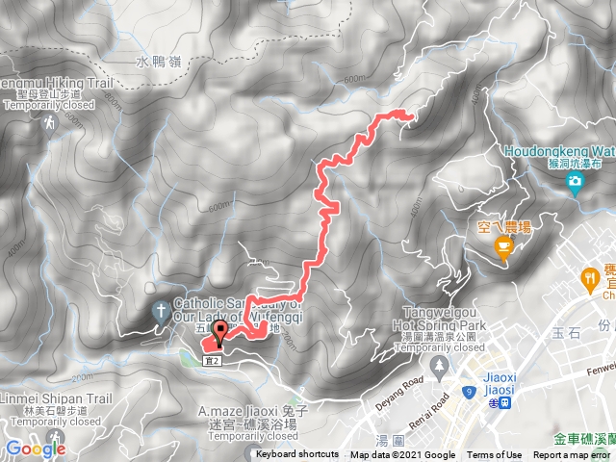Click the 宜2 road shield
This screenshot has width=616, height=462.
coord(214,360)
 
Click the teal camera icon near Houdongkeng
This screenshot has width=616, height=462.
coord(575,182)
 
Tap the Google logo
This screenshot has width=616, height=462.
coord(35,448)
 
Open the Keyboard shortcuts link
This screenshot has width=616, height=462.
coord(297,454)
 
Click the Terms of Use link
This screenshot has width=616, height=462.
coord(494,454)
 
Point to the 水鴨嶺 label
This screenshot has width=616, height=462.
coord(157,62)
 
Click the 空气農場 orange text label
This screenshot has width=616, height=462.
coord(505,227)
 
